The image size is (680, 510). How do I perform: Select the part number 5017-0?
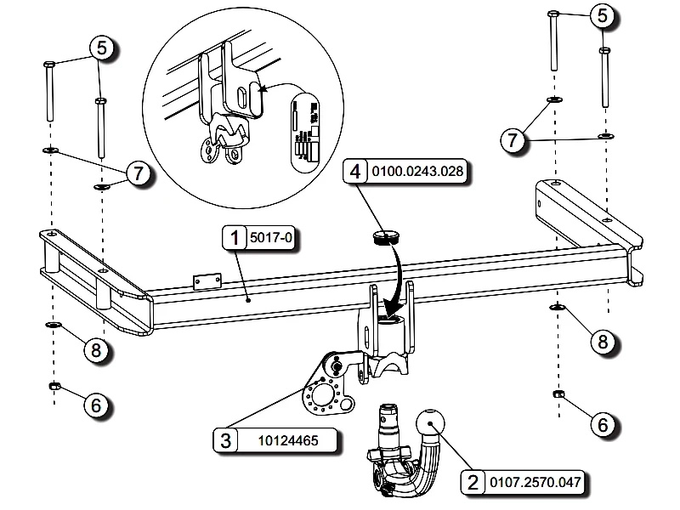pos(270,239)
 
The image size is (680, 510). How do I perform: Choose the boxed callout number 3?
pos(224,440)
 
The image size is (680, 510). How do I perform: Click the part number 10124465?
pos(290,440)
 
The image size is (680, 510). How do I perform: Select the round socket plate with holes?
pos(322,395)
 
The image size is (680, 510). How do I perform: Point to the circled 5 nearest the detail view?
pos(101,48)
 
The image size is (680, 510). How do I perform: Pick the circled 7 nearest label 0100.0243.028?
pos(512,141)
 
